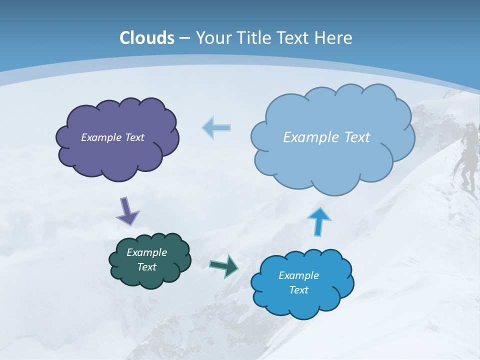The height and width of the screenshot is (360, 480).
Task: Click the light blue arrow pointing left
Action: [x=216, y=127]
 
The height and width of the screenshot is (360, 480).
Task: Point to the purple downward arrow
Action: [x=127, y=210]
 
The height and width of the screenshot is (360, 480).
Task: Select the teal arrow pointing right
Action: [x=224, y=265]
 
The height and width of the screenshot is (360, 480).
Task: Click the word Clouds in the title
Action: [x=147, y=38]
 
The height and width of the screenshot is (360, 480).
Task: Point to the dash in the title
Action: [x=184, y=38]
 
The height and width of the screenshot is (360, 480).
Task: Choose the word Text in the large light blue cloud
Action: [x=355, y=137]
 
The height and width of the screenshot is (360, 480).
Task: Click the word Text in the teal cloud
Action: [x=147, y=267]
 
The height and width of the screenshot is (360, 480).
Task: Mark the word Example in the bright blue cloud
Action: [x=298, y=275]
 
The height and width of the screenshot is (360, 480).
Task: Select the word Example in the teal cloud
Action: [x=147, y=252]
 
